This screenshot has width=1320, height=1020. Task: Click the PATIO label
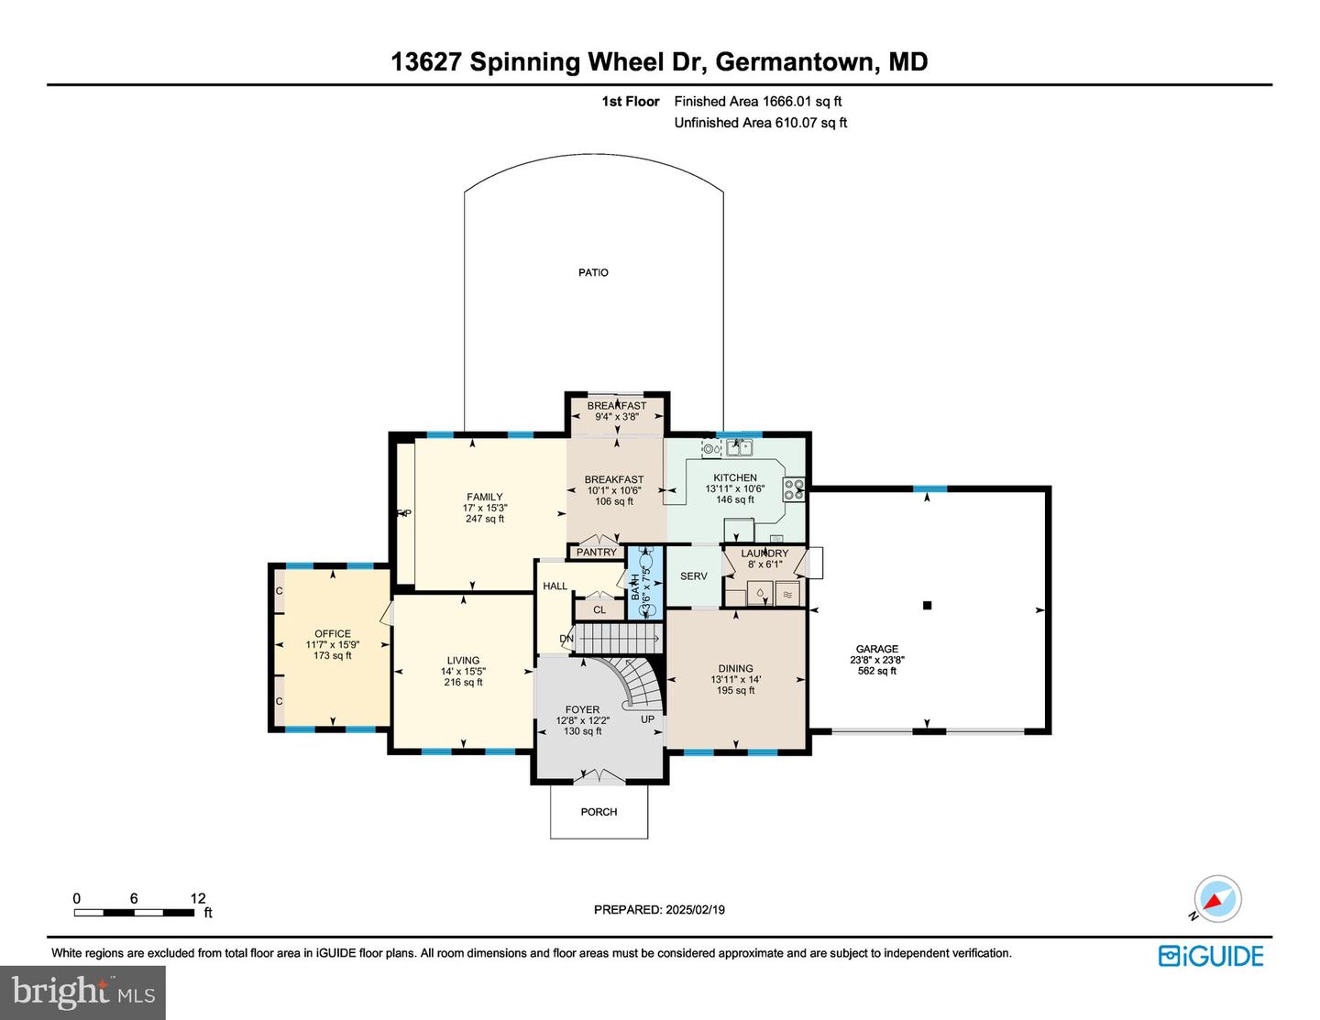click(593, 272)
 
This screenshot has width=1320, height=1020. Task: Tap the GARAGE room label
click(876, 649)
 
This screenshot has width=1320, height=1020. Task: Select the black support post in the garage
click(927, 606)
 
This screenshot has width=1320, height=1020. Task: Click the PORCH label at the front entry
click(599, 812)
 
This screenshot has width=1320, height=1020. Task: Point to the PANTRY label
click(597, 552)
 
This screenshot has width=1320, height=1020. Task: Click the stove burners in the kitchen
click(793, 490)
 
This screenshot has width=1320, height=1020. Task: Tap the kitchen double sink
click(739, 448)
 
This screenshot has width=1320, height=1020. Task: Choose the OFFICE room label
click(332, 634)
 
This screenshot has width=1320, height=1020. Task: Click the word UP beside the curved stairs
click(647, 719)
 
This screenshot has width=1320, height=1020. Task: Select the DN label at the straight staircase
click(566, 639)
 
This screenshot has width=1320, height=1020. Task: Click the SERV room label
click(693, 576)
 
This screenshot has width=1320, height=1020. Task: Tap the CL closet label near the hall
click(599, 610)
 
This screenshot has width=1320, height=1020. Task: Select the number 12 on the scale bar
click(198, 898)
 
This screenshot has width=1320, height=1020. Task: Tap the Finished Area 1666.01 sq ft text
click(757, 102)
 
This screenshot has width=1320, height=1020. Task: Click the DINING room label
click(736, 668)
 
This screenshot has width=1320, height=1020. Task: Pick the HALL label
click(555, 586)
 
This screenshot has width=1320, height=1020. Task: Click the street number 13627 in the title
click(426, 62)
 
